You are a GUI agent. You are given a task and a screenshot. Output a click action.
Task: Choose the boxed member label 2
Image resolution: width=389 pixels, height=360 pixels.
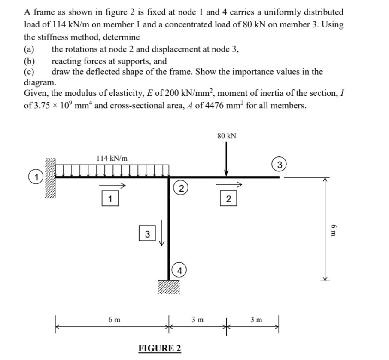pyautogui.click(x=228, y=199)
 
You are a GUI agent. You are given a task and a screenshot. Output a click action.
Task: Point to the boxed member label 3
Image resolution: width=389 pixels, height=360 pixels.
pyautogui.click(x=147, y=234)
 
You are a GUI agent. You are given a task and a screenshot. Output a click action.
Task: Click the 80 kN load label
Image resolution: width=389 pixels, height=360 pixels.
pyautogui.click(x=227, y=136)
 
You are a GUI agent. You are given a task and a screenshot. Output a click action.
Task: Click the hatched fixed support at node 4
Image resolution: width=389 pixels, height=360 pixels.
pyautogui.click(x=168, y=285)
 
